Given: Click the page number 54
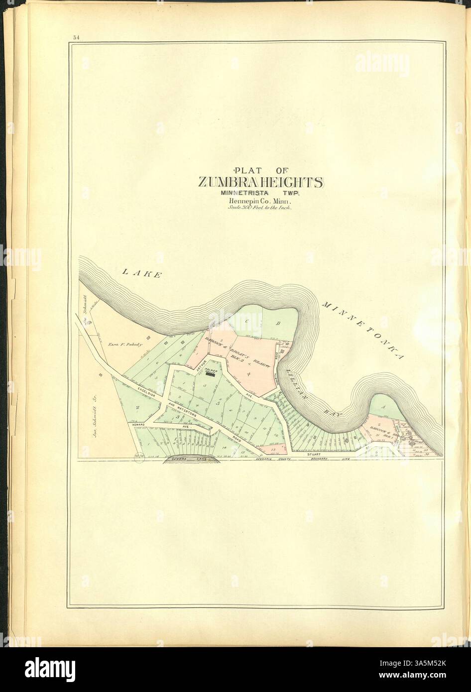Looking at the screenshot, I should click(76, 37).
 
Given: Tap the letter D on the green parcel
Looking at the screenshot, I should click(278, 324).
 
